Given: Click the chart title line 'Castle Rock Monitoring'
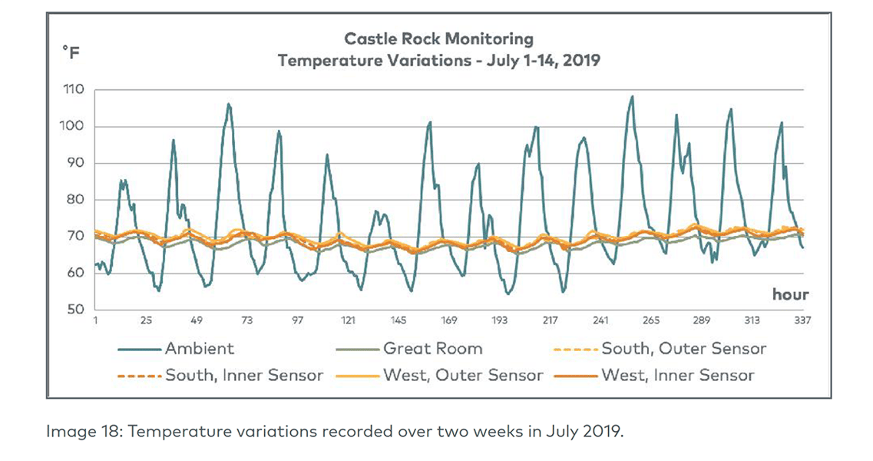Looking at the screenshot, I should (438, 38).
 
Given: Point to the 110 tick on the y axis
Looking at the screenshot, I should (73, 90).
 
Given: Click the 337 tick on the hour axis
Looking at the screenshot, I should (802, 321).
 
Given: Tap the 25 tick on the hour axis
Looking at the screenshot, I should (146, 321).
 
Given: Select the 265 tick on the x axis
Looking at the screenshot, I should (650, 321).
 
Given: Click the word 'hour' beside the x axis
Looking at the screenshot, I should (790, 294).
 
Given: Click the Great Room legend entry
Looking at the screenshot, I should (432, 349).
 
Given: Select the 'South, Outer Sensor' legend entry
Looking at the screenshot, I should (683, 349).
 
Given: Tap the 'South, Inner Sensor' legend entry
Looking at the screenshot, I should (244, 376).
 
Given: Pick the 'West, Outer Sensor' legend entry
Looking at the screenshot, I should (463, 376).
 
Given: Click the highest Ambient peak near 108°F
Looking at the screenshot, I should (632, 97).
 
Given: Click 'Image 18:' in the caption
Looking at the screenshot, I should (76, 432).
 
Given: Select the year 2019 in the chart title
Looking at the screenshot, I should (579, 60).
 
